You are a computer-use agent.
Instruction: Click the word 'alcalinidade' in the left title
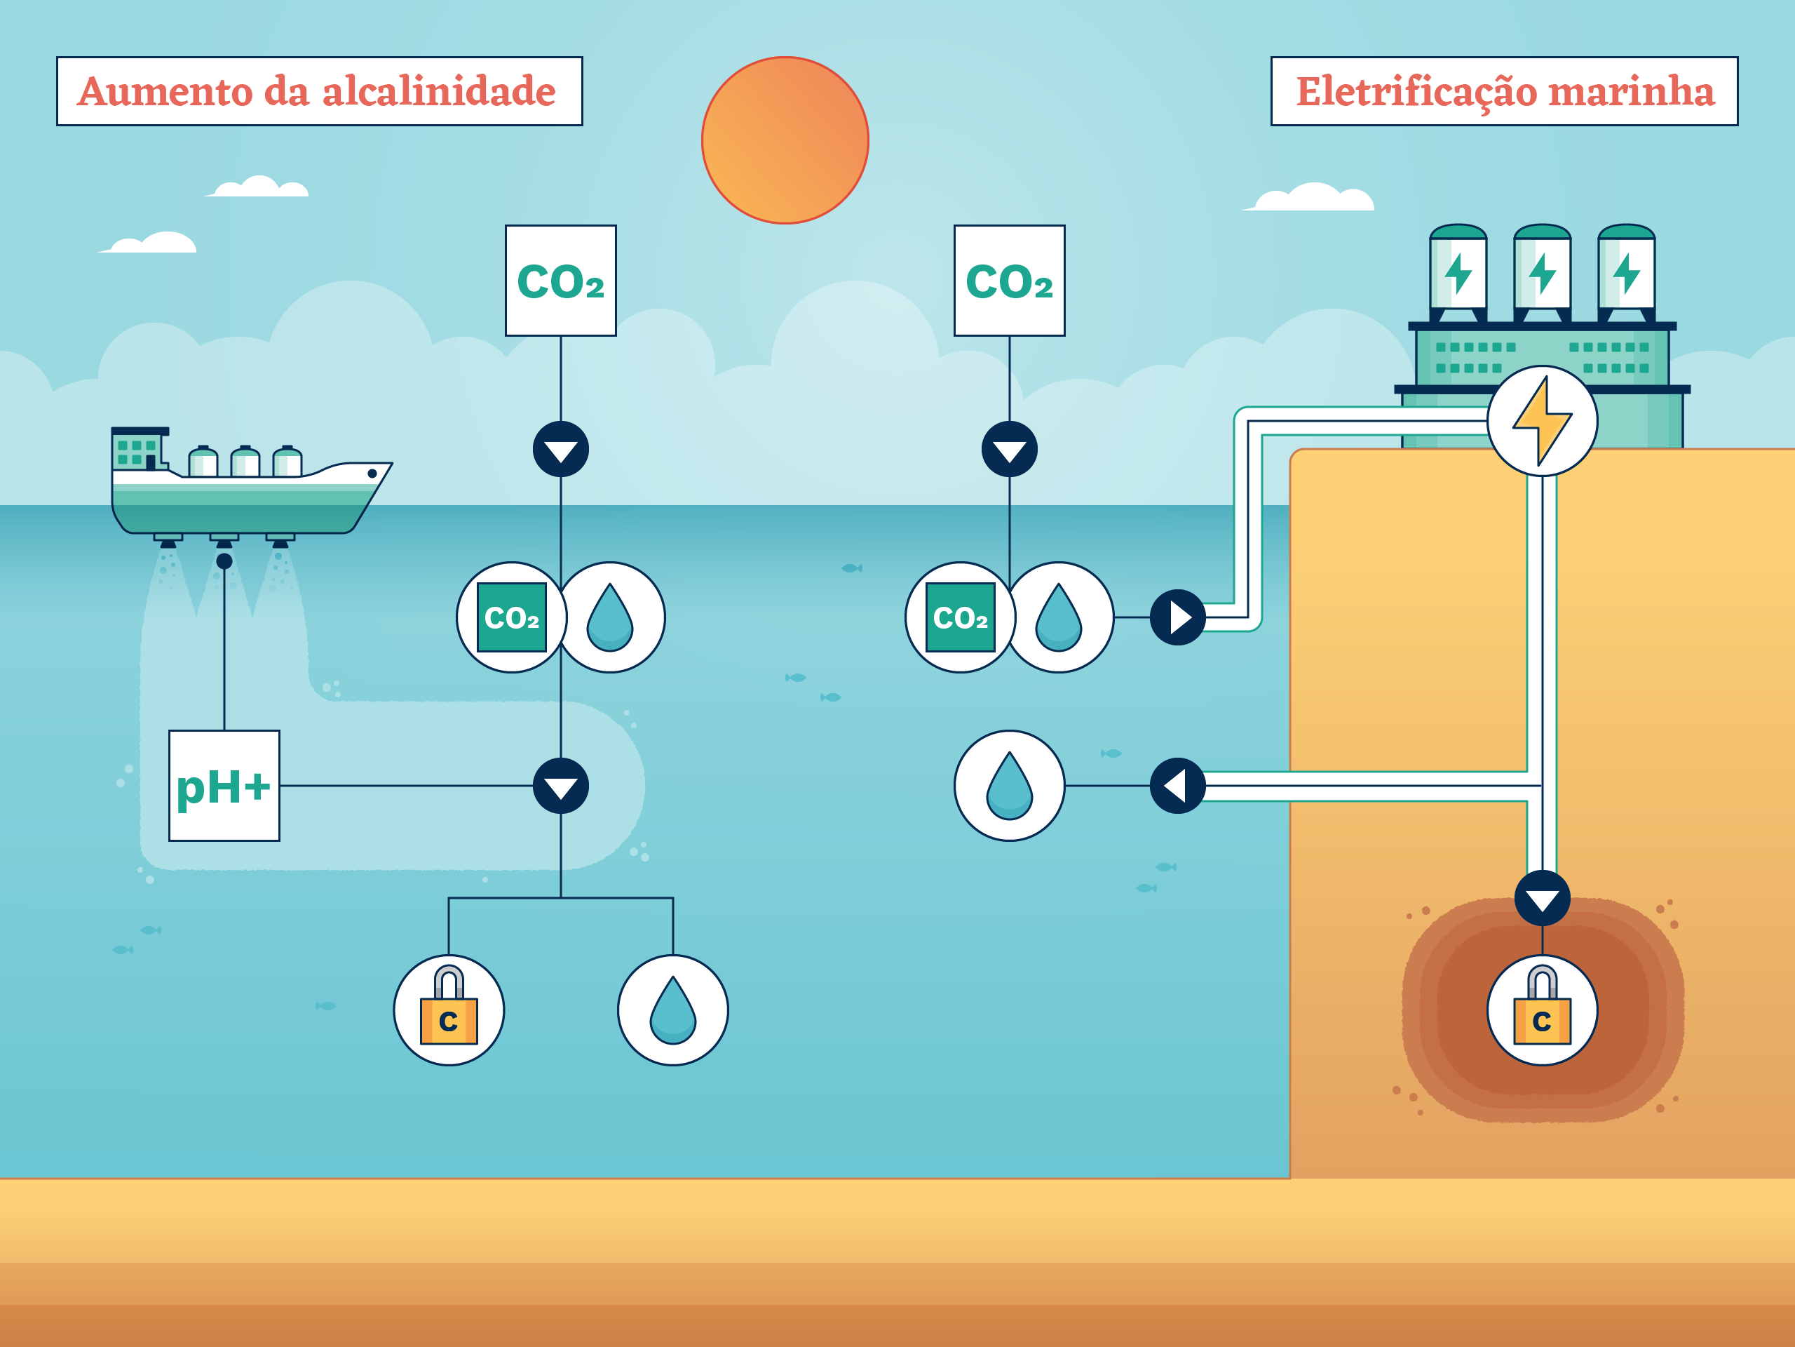[x=439, y=91]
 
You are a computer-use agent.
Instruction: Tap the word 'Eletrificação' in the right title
[x=1416, y=91]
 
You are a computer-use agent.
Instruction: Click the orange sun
[x=785, y=140]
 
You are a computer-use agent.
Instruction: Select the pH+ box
[x=224, y=785]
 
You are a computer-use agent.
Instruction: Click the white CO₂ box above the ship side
[x=561, y=280]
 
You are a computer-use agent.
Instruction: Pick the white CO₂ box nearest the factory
[x=1009, y=280]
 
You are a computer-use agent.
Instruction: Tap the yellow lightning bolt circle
[x=1542, y=420]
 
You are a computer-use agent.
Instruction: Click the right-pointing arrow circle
[x=1177, y=617]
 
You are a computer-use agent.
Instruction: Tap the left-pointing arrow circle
[x=1177, y=785]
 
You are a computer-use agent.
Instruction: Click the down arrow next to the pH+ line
[x=561, y=785]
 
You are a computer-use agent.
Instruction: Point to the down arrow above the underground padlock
[x=1542, y=898]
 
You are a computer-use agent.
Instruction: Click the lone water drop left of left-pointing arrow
[x=1009, y=785]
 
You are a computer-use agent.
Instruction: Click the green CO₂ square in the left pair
[x=511, y=617]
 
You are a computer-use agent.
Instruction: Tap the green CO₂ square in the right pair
[x=960, y=617]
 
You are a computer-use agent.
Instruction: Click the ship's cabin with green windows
[x=138, y=449]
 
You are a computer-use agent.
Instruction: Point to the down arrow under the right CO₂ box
[x=1009, y=449]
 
